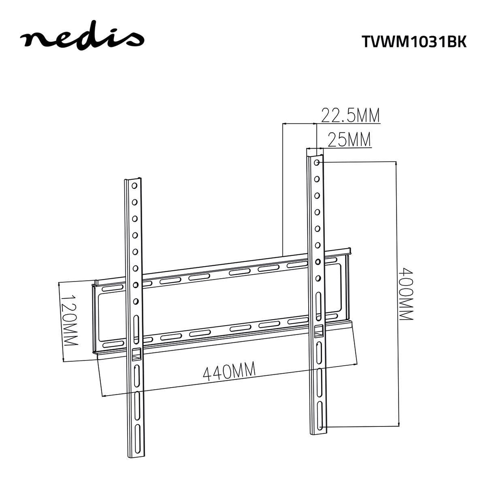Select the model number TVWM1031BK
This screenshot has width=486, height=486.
tap(414, 41)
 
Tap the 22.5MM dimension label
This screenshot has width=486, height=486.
tap(350, 116)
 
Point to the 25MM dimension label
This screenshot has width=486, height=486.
tap(349, 140)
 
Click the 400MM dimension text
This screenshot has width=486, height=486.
tap(405, 294)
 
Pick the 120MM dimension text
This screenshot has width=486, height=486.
tap(69, 320)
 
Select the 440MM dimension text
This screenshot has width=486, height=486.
tap(229, 372)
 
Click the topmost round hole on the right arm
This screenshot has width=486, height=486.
tap(316, 162)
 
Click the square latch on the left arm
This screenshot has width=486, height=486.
tap(136, 353)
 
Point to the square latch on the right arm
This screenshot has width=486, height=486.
tap(319, 331)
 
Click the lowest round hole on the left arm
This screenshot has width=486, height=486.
tap(135, 301)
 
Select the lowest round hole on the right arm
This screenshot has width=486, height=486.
tap(318, 278)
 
